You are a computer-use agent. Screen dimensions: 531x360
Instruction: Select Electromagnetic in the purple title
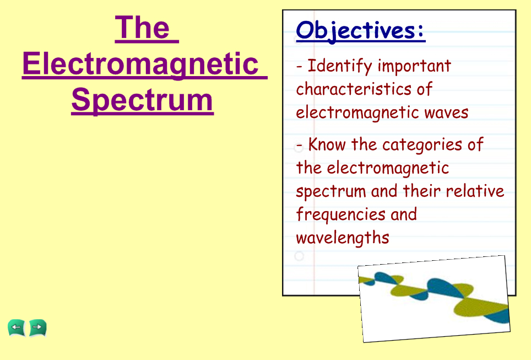pos(140,64)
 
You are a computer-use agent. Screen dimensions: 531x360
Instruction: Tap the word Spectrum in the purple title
pos(142,100)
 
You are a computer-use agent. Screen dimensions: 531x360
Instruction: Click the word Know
pos(327,144)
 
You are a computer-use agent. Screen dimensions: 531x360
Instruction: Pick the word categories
pos(422,145)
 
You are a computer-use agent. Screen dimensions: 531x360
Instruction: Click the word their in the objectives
pos(422,191)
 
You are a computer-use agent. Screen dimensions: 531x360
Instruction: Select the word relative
pos(475,191)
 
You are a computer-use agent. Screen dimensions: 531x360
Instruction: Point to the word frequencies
pos(340,215)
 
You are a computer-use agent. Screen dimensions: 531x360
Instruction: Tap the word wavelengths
pos(343,238)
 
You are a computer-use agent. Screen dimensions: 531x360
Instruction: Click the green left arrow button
pos(17,328)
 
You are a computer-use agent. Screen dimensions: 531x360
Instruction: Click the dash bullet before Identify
pos(299,67)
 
